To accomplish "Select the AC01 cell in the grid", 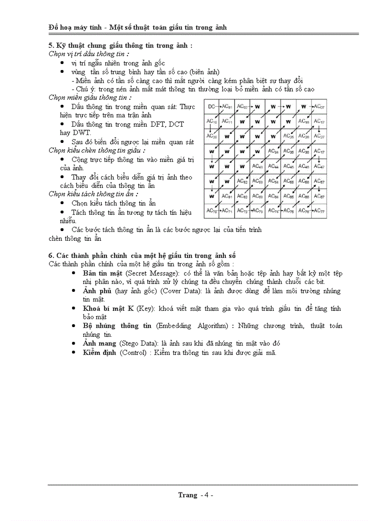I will point(227,107).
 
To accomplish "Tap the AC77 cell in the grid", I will point(319,211).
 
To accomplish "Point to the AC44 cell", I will point(273,166).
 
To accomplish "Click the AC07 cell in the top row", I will point(319,107).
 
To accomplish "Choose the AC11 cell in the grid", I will point(227,122).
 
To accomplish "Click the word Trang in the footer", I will point(188,495).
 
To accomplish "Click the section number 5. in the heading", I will point(51,46).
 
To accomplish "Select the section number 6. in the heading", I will point(51,256).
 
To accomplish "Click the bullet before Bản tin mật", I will point(74,274).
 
